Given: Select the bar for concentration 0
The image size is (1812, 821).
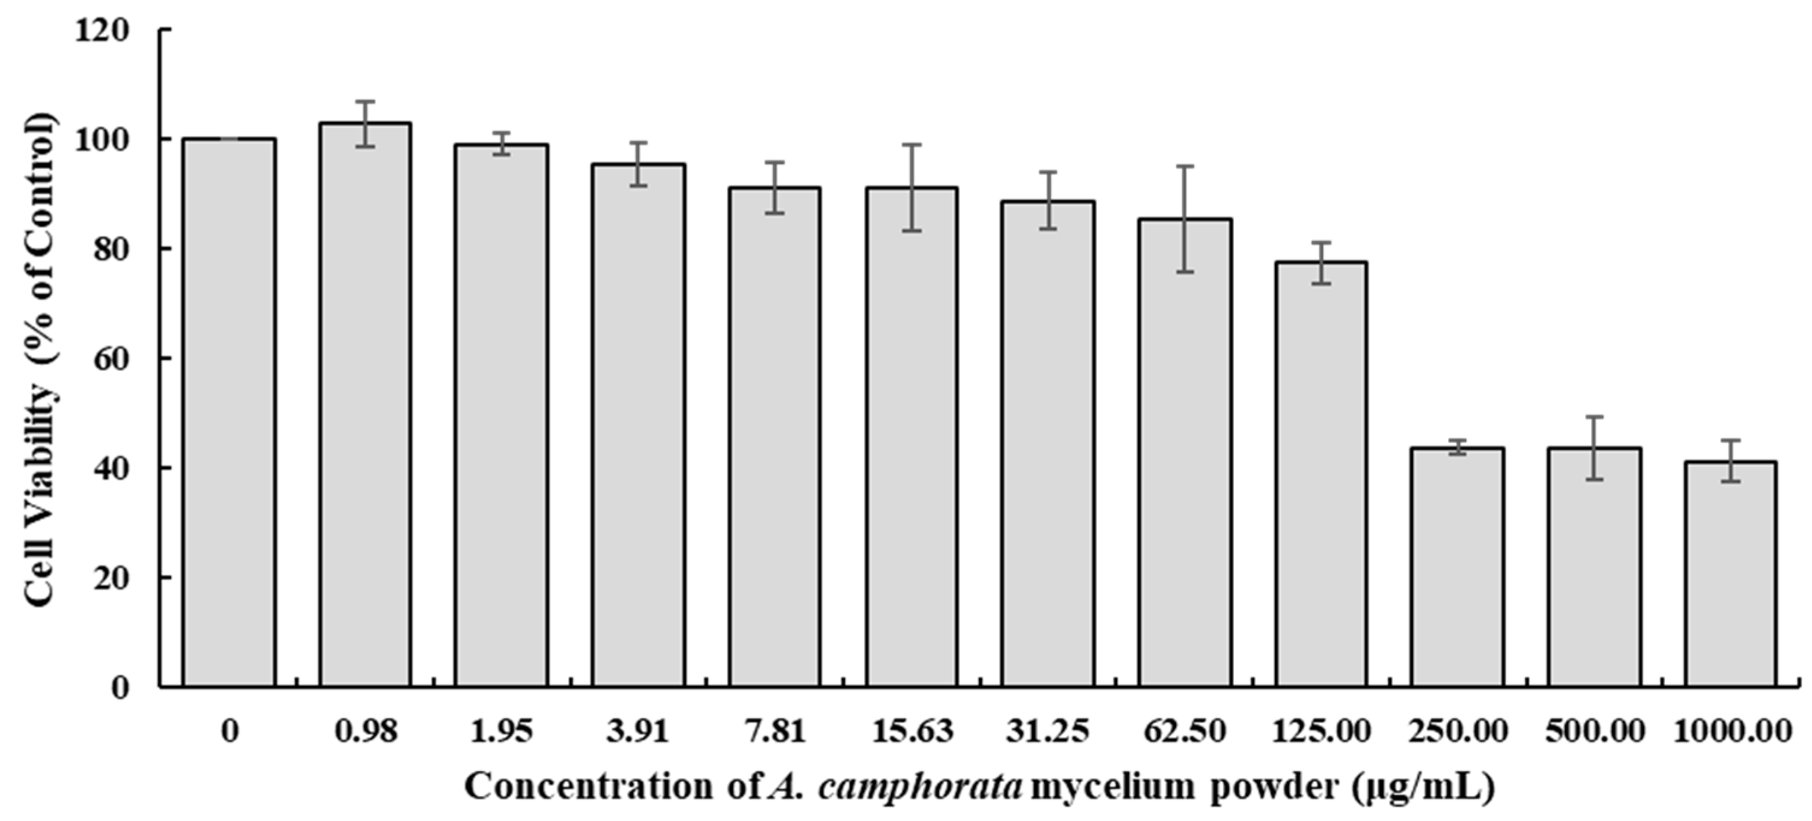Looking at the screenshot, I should [x=229, y=415].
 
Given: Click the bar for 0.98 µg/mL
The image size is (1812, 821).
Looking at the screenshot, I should [x=365, y=407].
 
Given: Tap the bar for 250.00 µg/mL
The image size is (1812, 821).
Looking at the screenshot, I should [x=1458, y=569].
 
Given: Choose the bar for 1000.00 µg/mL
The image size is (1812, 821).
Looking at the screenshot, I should [x=1730, y=576].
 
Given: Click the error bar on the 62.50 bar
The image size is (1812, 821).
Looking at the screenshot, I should [x=1186, y=219].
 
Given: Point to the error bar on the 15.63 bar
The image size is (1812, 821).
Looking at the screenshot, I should [x=911, y=188].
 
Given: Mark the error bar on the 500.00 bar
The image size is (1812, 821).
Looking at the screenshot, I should [x=1594, y=448].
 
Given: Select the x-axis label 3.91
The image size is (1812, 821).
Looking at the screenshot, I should [x=638, y=731].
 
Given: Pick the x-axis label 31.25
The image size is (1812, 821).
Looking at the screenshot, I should [x=1048, y=731].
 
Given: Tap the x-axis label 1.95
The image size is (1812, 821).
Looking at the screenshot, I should [x=502, y=731].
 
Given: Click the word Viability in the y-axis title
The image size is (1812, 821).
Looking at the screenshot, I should [x=40, y=450].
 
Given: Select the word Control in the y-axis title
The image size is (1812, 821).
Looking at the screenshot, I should [x=40, y=175].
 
